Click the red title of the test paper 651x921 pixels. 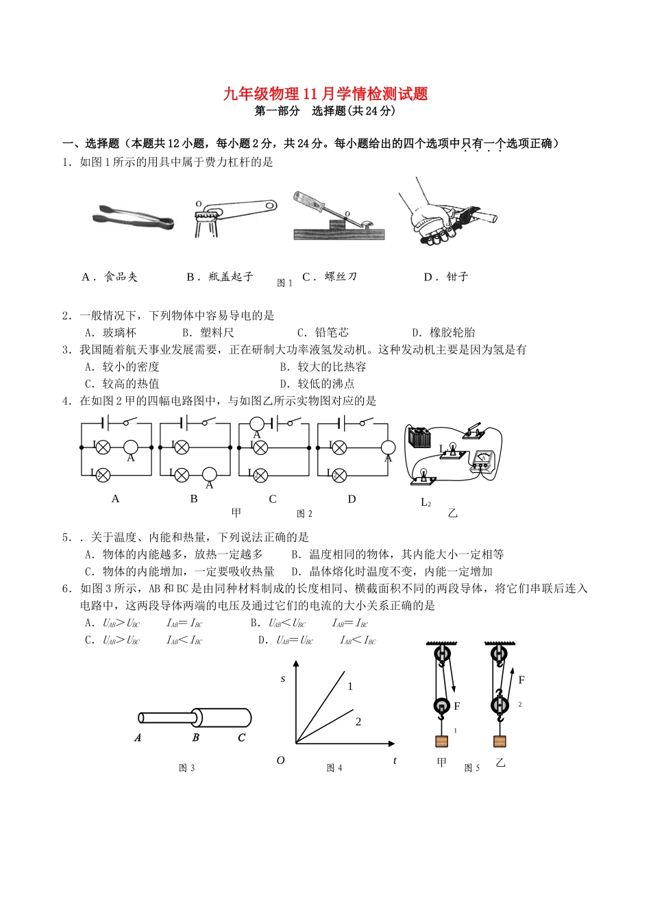[325, 94]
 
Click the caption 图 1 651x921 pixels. [284, 283]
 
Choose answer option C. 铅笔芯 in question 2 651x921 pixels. [323, 332]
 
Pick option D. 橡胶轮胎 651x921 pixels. [443, 332]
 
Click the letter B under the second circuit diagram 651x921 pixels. [194, 499]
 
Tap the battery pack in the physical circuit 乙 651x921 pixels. [419, 437]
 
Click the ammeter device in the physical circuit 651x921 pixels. [482, 462]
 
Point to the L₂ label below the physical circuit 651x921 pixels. [426, 502]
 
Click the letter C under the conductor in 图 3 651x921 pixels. [241, 738]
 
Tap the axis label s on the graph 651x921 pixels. [283, 679]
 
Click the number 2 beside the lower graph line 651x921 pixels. [358, 722]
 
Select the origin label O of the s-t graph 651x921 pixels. [280, 761]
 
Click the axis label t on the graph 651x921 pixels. [395, 761]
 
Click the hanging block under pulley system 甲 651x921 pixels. [441, 741]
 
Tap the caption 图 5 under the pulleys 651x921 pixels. [472, 768]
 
